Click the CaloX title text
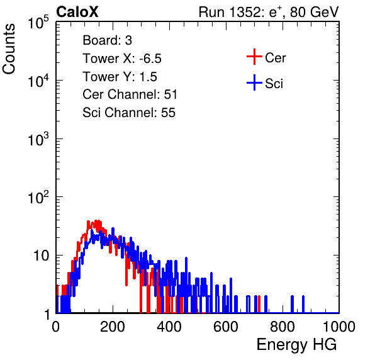click(x=77, y=12)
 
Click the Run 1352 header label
click(x=269, y=12)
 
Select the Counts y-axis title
click(x=9, y=49)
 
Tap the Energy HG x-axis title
click(x=296, y=345)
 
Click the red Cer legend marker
click(x=254, y=57)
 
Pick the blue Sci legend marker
click(x=254, y=82)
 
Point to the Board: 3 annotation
click(x=107, y=40)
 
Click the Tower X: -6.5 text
click(x=122, y=59)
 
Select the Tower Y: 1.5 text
click(x=120, y=77)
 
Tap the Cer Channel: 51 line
click(x=130, y=94)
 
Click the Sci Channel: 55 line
click(x=129, y=113)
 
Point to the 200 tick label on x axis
click(x=112, y=327)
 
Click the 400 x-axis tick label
click(x=169, y=327)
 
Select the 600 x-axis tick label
click(x=226, y=327)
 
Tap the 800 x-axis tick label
click(x=283, y=327)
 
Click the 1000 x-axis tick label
click(x=339, y=327)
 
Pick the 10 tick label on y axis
click(x=41, y=256)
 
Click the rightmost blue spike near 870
click(x=303, y=304)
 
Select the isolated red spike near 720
click(x=259, y=304)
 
